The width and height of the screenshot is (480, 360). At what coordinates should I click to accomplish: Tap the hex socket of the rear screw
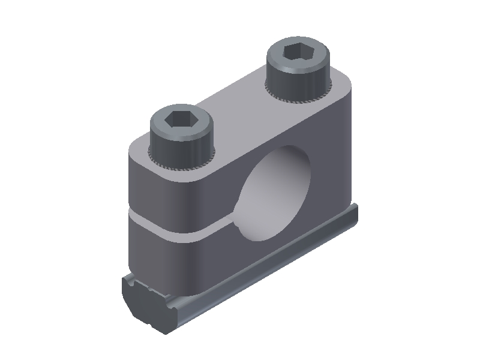[298, 52]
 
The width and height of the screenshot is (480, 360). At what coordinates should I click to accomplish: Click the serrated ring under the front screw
[180, 163]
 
